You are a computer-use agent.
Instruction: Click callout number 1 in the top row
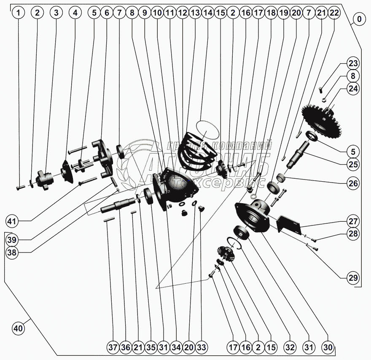coord(18,13)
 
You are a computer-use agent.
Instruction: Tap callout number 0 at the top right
coord(359,19)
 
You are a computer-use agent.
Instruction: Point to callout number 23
coord(353,64)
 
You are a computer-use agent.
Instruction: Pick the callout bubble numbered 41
coord(13,221)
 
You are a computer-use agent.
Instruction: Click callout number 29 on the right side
coord(353,278)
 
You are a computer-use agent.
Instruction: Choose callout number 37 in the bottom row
coord(113,348)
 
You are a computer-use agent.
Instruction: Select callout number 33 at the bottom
coord(202,348)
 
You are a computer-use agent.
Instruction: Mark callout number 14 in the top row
coord(207,13)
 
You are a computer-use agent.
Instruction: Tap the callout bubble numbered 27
coord(353,221)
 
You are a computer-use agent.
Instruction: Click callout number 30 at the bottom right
coord(328,348)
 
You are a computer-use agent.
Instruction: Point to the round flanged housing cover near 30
coord(255,215)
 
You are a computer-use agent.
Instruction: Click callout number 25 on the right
coord(353,164)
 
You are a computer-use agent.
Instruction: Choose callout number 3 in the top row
coord(56,13)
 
